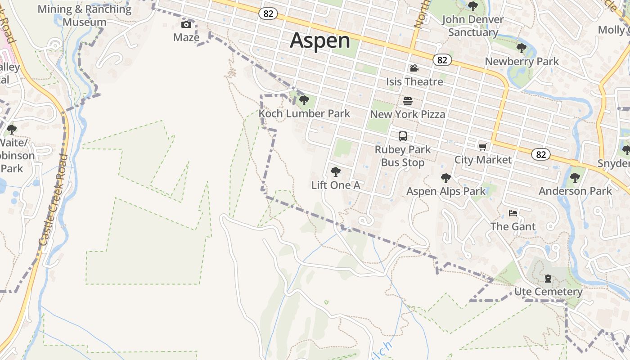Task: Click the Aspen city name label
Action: coord(320,40)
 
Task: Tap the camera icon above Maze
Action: coord(186,24)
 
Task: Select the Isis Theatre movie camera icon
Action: coord(414,68)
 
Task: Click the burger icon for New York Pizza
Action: coord(408,101)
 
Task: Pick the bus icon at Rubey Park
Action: coord(403,136)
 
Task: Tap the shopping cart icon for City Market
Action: coord(483,147)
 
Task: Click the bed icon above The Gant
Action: coord(513,213)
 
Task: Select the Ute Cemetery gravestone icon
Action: coord(548,279)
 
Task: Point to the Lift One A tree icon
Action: coord(335,171)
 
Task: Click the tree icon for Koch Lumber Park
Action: coord(304,100)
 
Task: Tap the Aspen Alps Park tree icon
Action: coord(446,178)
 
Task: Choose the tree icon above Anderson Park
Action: coord(575,177)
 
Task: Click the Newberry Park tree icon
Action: coord(522,48)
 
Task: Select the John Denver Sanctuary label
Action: coord(473,26)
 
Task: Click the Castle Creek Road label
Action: coord(54,200)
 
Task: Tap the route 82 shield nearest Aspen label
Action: coord(268,14)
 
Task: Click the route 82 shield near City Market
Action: coord(540,155)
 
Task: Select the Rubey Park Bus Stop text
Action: coord(403,156)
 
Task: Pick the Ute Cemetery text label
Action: coord(548,292)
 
